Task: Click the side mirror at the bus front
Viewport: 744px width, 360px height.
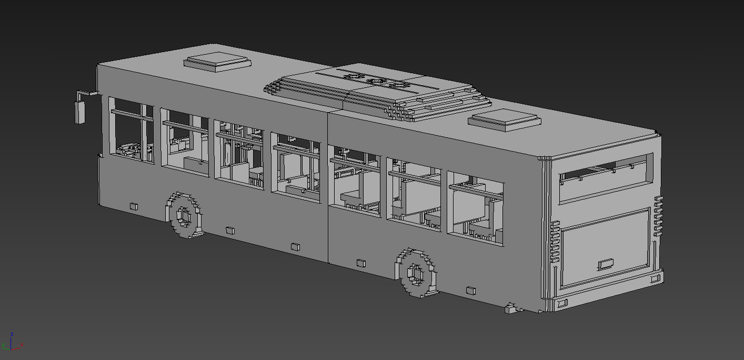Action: (80, 112)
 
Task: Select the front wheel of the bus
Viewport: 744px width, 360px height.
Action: (184, 215)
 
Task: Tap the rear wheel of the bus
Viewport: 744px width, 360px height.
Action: (417, 273)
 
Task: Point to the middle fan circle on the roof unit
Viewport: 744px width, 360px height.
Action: (378, 82)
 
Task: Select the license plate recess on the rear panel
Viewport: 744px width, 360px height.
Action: (606, 264)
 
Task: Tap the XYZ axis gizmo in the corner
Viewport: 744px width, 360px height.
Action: (12, 343)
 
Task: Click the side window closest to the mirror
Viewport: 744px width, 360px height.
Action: (132, 130)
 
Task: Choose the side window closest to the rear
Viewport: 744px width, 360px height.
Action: (476, 208)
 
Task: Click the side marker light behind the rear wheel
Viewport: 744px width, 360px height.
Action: (470, 290)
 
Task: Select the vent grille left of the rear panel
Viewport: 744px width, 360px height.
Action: (555, 242)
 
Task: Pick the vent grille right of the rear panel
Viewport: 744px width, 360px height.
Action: (658, 216)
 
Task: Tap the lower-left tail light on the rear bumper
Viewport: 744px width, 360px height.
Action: (562, 303)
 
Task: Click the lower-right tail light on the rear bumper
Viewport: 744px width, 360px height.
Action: (656, 278)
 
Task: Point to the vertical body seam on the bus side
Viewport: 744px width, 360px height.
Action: (328, 189)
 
